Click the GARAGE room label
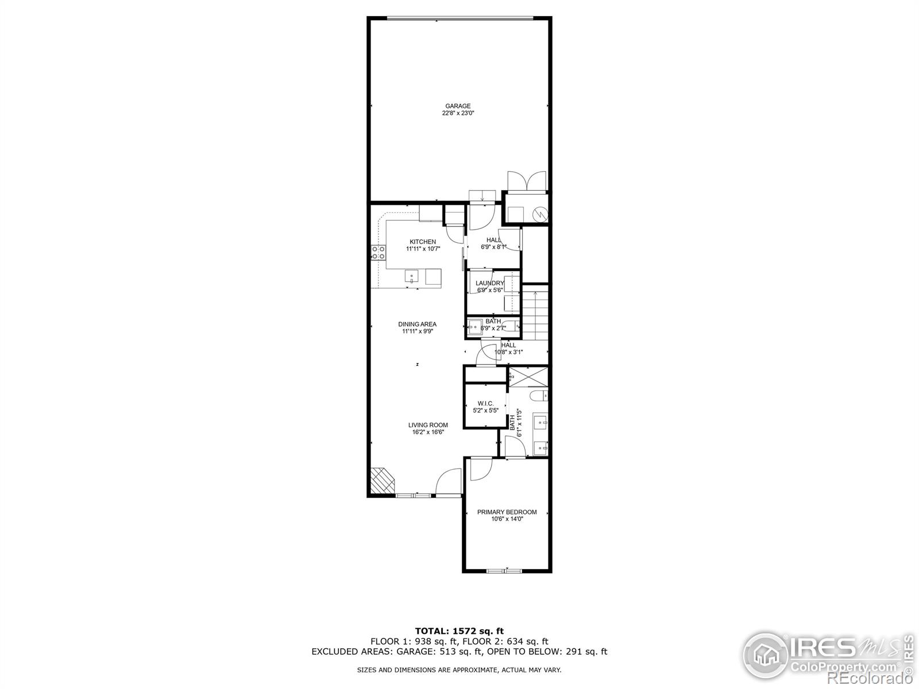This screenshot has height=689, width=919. point(458,106)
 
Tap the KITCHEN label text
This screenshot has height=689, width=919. point(422,242)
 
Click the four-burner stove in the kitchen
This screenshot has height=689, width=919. point(378,253)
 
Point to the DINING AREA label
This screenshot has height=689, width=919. point(417,324)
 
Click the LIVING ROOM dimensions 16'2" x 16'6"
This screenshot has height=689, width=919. point(428,432)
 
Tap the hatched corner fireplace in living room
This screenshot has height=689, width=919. point(382,480)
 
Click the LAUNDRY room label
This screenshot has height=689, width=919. point(489,283)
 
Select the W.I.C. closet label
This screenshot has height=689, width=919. point(485,404)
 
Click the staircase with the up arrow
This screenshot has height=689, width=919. point(535,316)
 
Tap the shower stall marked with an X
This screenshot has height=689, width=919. point(528,377)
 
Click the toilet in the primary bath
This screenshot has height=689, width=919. point(539,396)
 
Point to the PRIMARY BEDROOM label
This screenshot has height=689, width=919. point(507,512)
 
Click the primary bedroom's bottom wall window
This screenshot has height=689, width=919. point(504,571)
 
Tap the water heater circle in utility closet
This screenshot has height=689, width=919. point(540,215)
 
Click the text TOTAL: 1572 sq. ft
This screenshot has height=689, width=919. point(459,631)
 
